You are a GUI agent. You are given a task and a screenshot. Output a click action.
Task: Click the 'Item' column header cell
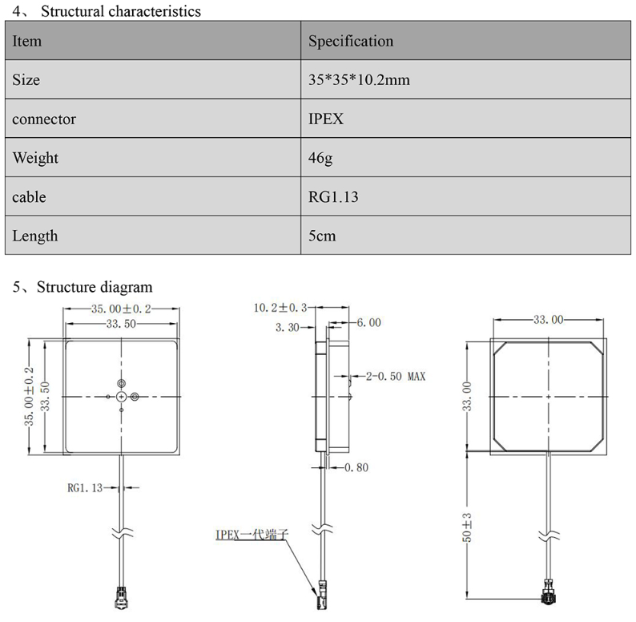[27, 41]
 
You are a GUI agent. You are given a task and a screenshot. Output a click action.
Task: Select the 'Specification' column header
[351, 41]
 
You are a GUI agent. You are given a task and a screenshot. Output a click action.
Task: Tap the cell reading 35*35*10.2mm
[360, 80]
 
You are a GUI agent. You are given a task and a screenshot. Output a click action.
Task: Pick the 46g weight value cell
[320, 158]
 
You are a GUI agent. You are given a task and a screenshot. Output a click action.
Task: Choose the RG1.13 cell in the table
[333, 197]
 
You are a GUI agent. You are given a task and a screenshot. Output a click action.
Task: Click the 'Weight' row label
[35, 158]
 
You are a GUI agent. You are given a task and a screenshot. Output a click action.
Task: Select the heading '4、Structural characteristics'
[107, 11]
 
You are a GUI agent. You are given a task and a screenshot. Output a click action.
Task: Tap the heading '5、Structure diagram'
[83, 287]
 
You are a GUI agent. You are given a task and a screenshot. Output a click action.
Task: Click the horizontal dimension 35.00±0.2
[121, 309]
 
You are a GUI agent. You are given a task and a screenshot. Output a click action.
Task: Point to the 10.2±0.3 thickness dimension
[280, 308]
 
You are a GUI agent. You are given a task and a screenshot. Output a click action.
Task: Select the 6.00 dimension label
[368, 323]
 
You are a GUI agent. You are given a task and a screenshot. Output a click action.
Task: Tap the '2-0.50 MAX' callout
[396, 375]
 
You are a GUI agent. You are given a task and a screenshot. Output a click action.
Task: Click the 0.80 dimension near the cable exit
[356, 467]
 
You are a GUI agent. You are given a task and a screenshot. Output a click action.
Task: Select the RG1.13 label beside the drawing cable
[85, 487]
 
